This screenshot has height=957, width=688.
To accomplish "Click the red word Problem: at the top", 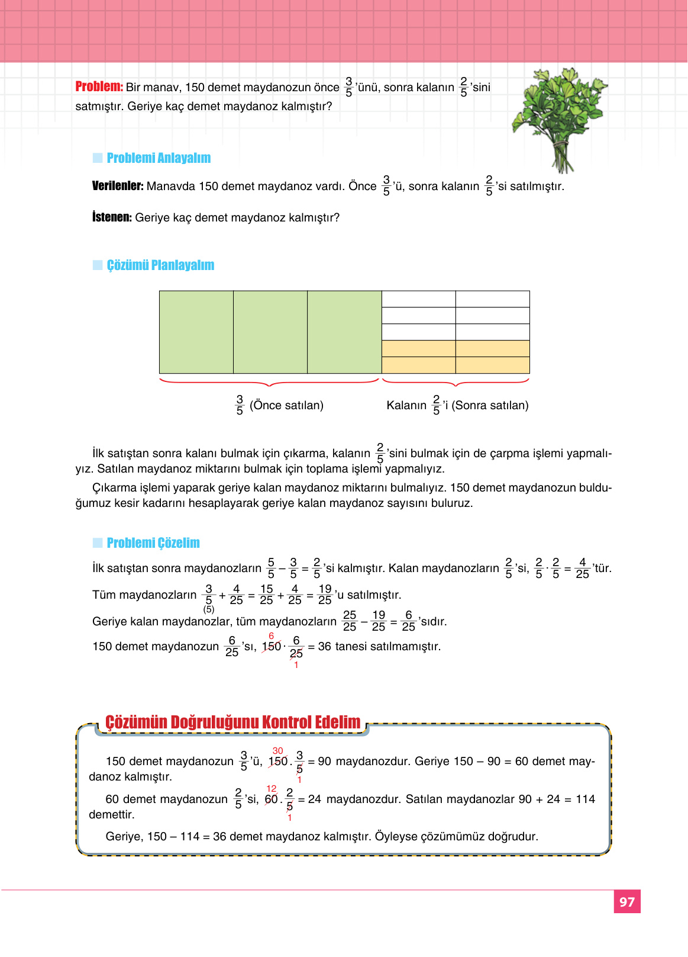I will click(99, 86).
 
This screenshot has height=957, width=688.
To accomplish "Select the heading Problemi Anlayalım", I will click(159, 158).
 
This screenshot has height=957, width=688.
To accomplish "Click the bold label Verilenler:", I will click(118, 186).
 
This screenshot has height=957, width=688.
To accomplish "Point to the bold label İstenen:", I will click(112, 217).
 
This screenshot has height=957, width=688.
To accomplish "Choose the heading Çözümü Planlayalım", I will click(160, 265).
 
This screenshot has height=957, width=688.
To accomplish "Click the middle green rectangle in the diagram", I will click(270, 332).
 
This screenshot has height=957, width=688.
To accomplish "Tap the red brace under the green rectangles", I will click(270, 382).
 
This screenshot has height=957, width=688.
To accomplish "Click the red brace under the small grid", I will click(456, 382).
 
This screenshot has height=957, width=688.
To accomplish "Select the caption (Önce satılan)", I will click(286, 406).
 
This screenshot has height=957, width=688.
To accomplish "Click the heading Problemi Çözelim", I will click(153, 543).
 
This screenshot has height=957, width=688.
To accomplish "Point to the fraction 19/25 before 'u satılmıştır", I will click(325, 595).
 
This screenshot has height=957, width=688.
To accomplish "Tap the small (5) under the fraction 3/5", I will click(209, 609).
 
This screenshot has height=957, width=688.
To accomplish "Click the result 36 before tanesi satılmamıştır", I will click(324, 647).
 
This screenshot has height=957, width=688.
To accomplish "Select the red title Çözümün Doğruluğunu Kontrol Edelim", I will click(232, 722).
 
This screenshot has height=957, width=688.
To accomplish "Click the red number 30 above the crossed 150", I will click(277, 751).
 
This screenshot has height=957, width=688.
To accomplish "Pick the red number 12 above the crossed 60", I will click(272, 789).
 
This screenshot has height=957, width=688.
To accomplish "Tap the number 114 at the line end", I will click(585, 799).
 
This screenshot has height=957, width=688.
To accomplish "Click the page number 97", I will click(627, 902).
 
